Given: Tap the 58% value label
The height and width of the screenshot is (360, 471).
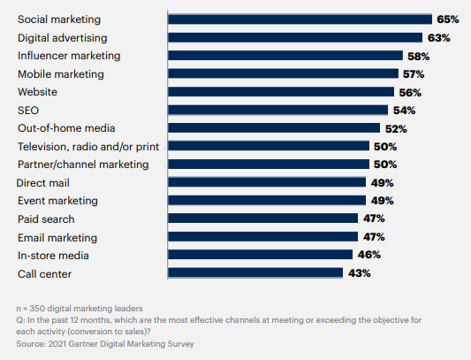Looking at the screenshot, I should pyautogui.click(x=419, y=56).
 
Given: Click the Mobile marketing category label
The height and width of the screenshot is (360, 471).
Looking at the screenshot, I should pyautogui.click(x=61, y=73).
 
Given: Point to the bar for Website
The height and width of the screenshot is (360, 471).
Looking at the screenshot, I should pyautogui.click(x=280, y=91).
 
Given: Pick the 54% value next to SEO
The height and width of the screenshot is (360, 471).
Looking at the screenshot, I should pyautogui.click(x=404, y=110).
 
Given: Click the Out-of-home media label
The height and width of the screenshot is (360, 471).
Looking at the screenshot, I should pyautogui.click(x=66, y=128).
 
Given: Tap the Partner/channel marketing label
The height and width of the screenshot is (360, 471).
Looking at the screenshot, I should pyautogui.click(x=83, y=165).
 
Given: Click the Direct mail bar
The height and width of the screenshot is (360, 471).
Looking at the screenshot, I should pyautogui.click(x=266, y=182).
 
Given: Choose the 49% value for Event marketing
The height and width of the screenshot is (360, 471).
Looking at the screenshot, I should pyautogui.click(x=382, y=201).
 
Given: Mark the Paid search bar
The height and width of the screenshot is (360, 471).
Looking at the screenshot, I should pyautogui.click(x=262, y=218).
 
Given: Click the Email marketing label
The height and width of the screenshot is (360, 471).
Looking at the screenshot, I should pyautogui.click(x=57, y=237).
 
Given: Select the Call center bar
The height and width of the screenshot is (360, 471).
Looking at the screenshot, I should pyautogui.click(x=254, y=273).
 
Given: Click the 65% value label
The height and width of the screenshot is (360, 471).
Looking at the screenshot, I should pyautogui.click(x=449, y=19).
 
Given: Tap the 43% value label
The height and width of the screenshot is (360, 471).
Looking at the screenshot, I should pyautogui.click(x=359, y=273).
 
